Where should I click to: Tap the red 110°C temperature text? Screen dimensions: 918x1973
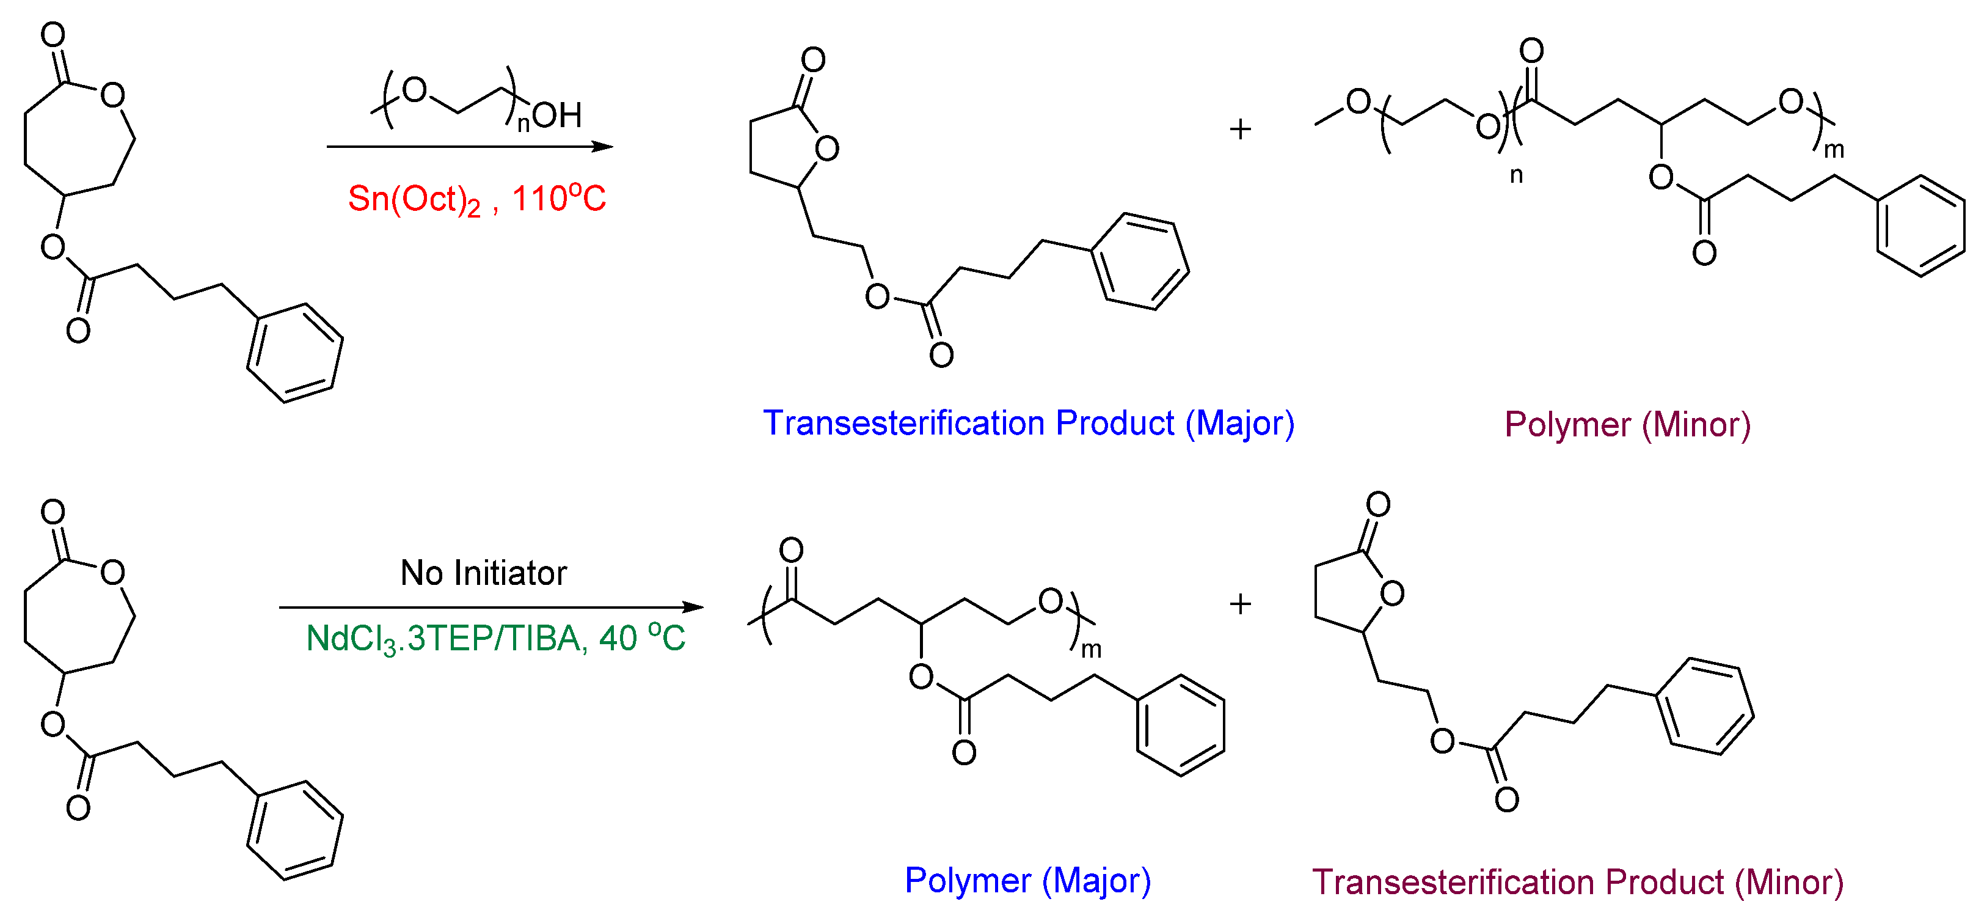(558, 199)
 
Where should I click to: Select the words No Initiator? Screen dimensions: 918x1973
(483, 573)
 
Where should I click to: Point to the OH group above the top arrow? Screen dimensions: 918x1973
(558, 116)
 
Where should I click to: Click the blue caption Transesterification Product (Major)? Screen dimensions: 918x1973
(1028, 424)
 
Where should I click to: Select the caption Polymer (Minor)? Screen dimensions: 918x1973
(1627, 425)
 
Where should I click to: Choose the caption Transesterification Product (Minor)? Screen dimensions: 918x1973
(1577, 882)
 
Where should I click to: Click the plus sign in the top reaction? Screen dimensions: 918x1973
(1240, 129)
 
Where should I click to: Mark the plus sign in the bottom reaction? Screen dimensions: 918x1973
(1240, 604)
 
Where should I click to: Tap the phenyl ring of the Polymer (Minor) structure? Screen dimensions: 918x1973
(1920, 226)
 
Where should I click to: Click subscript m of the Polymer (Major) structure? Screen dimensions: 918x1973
(1091, 650)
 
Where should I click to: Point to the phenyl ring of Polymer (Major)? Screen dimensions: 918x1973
(1180, 725)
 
